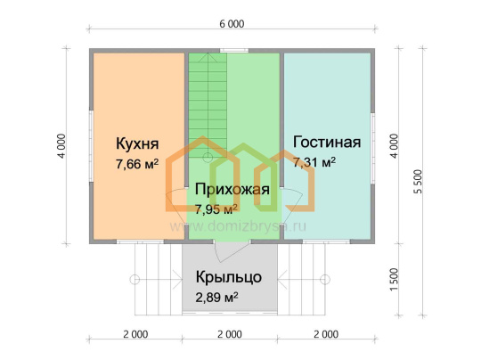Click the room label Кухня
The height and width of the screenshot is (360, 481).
tap(137, 143)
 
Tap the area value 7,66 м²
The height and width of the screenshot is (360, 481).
tap(137, 164)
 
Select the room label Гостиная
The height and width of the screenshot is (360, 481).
tap(327, 142)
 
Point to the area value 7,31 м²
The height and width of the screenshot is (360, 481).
tap(314, 162)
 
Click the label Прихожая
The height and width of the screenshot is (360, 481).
tap(232, 189)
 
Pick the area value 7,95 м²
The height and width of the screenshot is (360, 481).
tap(216, 209)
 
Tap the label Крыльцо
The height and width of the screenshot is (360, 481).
tap(229, 277)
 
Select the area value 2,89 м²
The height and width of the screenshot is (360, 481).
tap(216, 298)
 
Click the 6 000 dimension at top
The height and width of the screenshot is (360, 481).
tap(232, 24)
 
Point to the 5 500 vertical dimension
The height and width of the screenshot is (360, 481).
tap(418, 182)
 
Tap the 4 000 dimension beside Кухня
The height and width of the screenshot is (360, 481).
tap(61, 146)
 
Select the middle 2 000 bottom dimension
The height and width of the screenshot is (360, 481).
tap(230, 334)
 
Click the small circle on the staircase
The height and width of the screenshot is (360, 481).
tap(208, 158)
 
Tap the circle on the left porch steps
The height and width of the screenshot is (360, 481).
tap(135, 280)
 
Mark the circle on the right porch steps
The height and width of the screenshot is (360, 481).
tap(325, 280)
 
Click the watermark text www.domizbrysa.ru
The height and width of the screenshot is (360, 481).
tap(238, 226)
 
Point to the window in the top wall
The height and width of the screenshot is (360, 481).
tap(234, 51)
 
